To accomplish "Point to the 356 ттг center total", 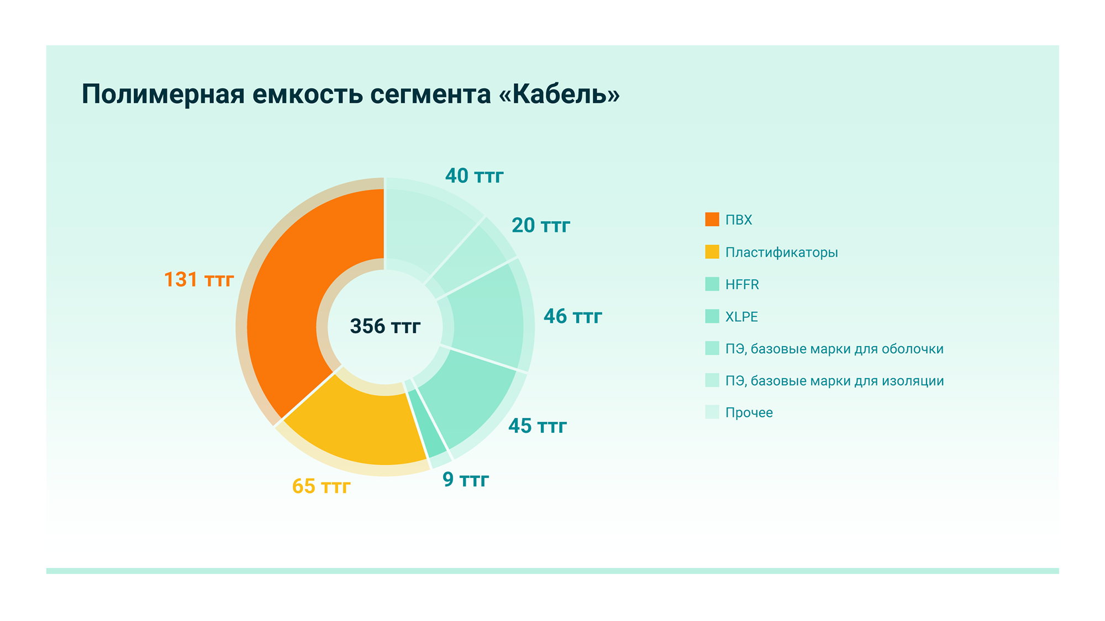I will [x=385, y=326].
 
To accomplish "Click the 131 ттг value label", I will [x=199, y=279].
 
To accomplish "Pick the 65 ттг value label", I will [x=321, y=486].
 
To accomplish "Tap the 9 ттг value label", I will [x=465, y=479].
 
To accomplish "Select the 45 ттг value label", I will [x=537, y=426].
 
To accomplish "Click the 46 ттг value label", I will [x=572, y=316].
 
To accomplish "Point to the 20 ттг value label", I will [x=540, y=225].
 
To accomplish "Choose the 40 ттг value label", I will [x=474, y=176].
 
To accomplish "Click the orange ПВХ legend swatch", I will [x=712, y=220].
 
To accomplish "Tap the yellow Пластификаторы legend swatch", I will [x=712, y=252].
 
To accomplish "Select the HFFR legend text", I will [x=742, y=284].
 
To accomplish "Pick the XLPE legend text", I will [x=741, y=317].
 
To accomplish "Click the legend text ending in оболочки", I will [x=834, y=349].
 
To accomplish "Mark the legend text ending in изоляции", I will [x=834, y=381].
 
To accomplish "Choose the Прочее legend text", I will [x=749, y=413].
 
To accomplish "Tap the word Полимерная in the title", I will [x=163, y=94].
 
